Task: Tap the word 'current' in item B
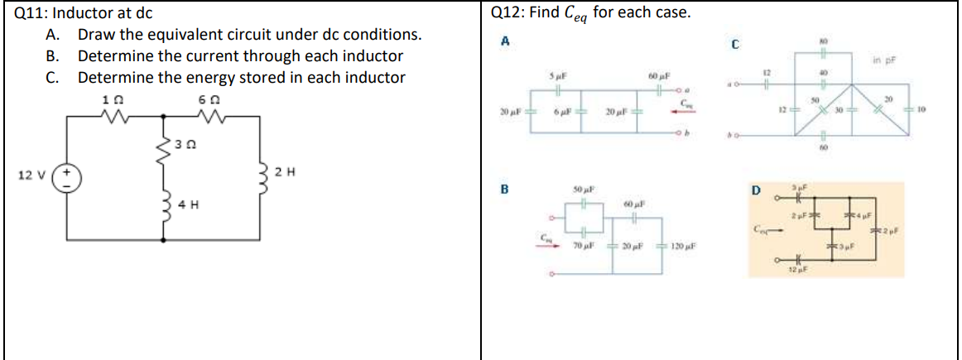(x=224, y=56)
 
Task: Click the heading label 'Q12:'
(x=509, y=13)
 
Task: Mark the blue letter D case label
(x=755, y=192)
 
